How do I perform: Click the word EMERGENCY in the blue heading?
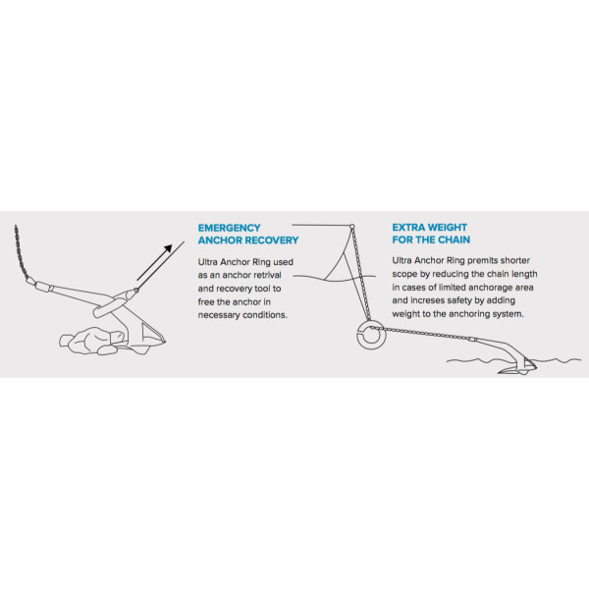229,228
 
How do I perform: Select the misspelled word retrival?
265,275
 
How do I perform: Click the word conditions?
265,315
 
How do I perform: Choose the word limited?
453,288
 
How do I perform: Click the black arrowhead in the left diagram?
168,248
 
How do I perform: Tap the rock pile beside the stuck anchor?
92,341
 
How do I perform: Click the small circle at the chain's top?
352,227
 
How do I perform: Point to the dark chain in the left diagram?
21,253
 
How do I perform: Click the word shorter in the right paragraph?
515,261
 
